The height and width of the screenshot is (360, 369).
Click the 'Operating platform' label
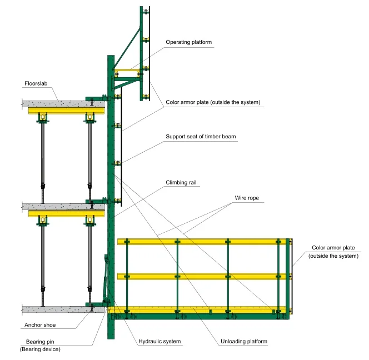(189, 42)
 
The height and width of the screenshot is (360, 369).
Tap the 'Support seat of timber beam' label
(201, 136)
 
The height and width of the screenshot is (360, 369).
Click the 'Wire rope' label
(246, 198)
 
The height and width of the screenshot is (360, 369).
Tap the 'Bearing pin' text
(39, 342)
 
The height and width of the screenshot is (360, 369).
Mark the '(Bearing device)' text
(39, 349)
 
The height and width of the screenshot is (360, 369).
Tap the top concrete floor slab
(56, 103)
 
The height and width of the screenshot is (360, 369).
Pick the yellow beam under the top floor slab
(64, 111)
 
